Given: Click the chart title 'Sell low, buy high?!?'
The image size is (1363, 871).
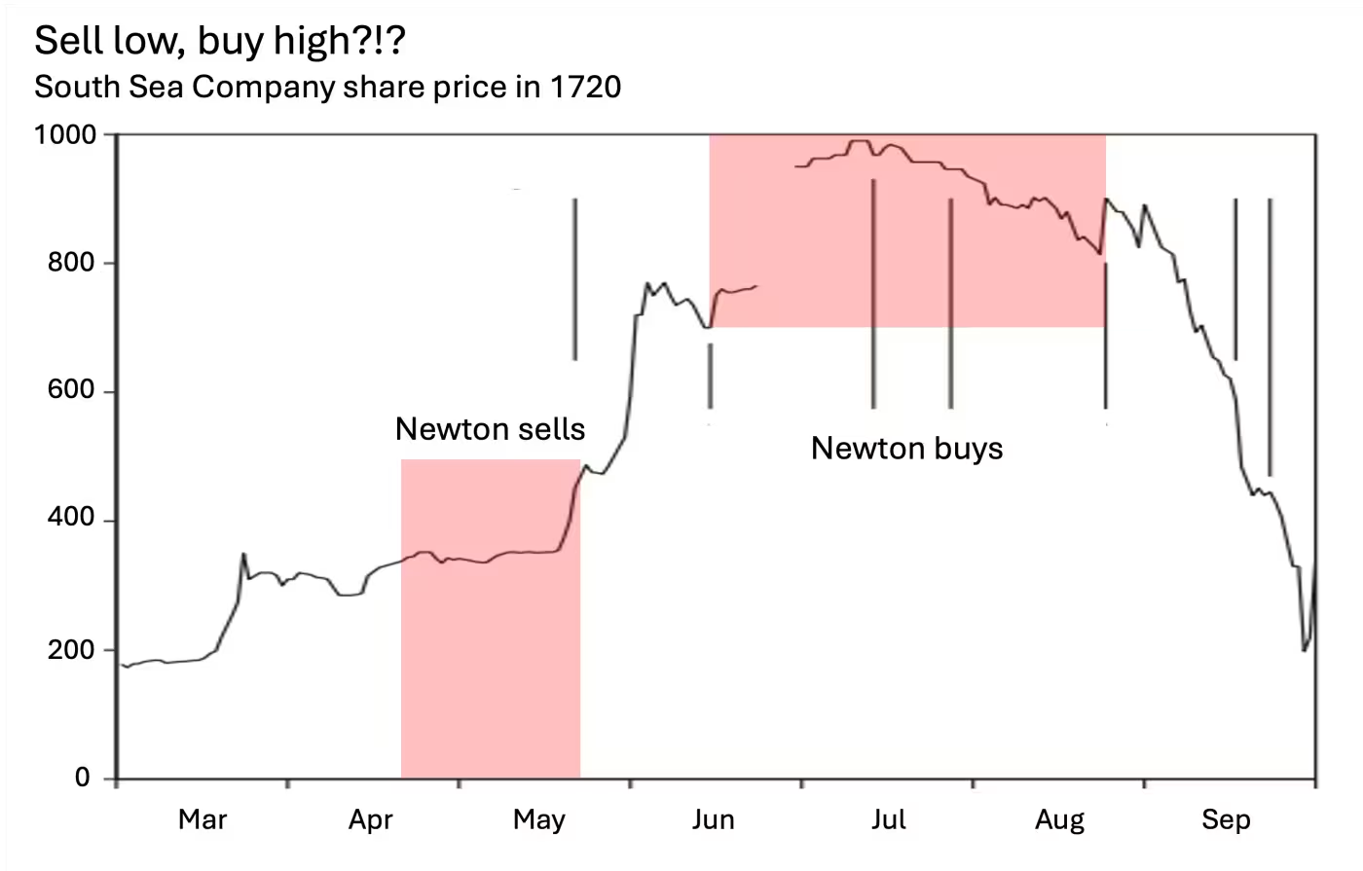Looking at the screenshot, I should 219,42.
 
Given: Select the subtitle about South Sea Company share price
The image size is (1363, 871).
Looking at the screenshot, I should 327,88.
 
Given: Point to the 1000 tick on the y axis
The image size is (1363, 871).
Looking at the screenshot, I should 66,134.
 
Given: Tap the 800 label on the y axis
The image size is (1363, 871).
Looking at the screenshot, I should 72,263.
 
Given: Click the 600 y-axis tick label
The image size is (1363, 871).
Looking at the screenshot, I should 72,390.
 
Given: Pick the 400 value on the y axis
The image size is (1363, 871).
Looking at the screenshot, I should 72,519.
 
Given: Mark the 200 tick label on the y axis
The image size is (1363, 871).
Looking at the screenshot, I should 72,649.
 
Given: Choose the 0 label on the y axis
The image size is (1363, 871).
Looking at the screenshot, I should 83,778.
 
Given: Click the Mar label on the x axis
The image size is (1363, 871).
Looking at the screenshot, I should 203,819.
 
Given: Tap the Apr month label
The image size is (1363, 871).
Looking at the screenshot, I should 371,819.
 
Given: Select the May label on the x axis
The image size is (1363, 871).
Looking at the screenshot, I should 539,819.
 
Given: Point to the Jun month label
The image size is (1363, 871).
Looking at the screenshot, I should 713,819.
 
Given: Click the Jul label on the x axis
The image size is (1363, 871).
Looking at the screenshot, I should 888,819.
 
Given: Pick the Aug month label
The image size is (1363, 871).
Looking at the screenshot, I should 1059,819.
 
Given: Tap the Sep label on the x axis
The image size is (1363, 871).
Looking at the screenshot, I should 1226,819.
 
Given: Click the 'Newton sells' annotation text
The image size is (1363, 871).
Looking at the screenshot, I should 490,429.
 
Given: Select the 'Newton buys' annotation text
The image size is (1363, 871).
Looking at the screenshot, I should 906,449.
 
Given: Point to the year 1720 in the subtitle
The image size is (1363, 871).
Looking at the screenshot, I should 585,88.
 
